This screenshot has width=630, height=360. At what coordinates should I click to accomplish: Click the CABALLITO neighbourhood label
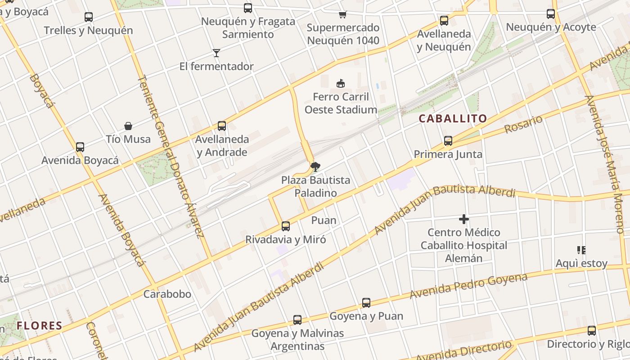(453, 119)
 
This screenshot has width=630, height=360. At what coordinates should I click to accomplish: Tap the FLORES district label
(40, 325)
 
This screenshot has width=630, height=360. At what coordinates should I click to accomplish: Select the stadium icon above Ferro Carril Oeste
(341, 83)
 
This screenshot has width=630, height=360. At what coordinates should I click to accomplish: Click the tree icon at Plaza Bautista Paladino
(315, 167)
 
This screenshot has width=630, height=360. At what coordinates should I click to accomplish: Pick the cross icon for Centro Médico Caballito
(463, 219)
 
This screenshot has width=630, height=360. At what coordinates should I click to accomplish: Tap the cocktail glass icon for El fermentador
(216, 53)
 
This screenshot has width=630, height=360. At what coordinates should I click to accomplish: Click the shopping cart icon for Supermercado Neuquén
(343, 14)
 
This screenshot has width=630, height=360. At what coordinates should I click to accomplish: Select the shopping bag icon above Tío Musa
(128, 126)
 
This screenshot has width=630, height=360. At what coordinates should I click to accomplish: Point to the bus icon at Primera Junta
(448, 141)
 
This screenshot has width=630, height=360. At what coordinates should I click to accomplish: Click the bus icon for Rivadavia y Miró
(285, 226)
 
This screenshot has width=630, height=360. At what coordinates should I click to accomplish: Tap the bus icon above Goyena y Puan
(366, 303)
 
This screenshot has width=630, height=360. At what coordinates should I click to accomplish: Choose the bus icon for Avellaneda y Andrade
(222, 126)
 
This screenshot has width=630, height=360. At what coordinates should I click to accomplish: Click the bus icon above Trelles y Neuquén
(89, 17)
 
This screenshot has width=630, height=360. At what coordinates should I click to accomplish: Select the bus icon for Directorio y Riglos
(591, 331)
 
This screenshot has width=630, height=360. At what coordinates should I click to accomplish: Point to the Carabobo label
(167, 294)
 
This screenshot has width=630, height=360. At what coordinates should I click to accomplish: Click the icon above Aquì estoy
(581, 250)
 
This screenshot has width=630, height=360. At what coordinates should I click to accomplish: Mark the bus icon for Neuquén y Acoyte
(551, 14)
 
